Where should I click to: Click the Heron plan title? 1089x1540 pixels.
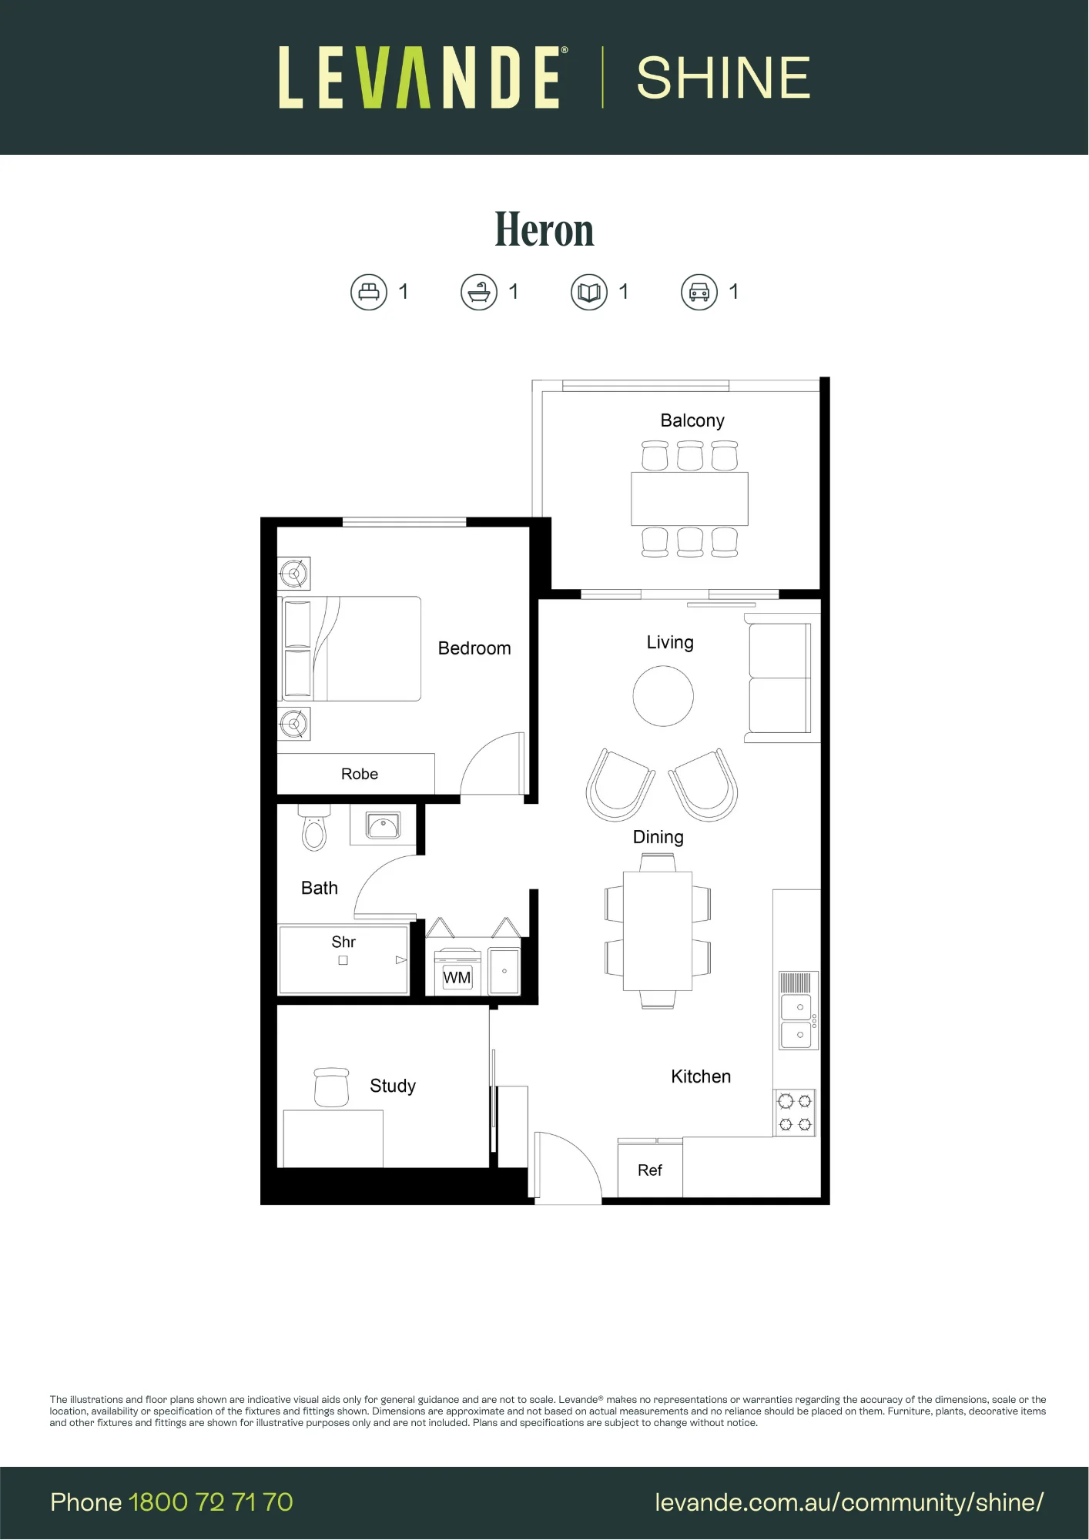544,229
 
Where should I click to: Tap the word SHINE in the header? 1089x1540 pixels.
724,78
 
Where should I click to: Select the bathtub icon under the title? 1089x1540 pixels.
479,293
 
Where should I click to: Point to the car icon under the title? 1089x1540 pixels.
699,293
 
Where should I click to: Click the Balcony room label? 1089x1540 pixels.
692,420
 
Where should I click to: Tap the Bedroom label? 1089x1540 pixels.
474,648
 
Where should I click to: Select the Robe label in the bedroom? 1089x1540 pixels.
360,774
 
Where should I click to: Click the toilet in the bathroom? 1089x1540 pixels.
314,828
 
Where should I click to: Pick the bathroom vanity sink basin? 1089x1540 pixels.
383,826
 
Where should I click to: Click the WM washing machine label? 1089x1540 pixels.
457,978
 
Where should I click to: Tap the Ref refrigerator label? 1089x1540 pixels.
650,1170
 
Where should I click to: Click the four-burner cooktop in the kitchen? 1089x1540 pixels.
795,1113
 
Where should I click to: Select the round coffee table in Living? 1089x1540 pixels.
663,696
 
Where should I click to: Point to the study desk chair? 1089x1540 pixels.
332,1087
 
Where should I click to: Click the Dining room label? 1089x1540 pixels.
658,837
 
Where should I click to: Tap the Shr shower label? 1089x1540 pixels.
343,942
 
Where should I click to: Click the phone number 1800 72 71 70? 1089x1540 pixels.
211,1502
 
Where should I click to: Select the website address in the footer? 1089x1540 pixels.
849,1503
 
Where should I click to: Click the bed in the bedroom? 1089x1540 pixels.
350,648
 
